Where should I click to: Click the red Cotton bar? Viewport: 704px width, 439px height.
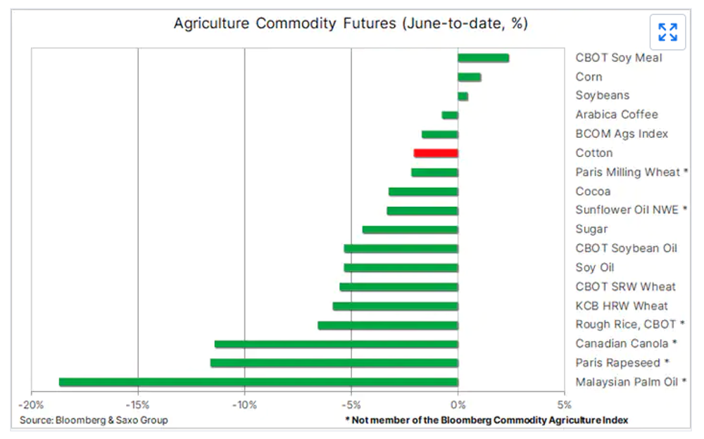click(x=436, y=153)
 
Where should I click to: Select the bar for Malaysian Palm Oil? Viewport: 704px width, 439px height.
click(x=258, y=382)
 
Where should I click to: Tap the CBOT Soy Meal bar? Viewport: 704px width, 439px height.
click(x=483, y=58)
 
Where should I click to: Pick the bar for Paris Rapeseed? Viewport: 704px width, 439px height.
click(x=334, y=363)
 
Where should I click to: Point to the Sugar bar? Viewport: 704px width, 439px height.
click(x=410, y=229)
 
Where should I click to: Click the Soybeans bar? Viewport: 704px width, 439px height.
click(x=463, y=96)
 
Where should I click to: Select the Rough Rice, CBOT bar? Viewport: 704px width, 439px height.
click(x=387, y=325)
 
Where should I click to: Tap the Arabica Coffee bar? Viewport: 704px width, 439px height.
click(x=450, y=115)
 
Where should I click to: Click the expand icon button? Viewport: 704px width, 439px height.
click(x=667, y=32)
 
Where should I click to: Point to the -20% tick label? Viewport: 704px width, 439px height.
click(x=31, y=405)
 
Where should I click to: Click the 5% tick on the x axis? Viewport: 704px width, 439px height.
click(x=564, y=405)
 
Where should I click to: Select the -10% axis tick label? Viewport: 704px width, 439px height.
click(x=244, y=405)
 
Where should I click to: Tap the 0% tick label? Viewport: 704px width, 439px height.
click(x=458, y=405)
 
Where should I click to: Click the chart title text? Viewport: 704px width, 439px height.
click(x=351, y=24)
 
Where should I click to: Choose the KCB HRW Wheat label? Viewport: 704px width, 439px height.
click(x=621, y=306)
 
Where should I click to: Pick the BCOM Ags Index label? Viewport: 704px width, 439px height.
click(x=621, y=134)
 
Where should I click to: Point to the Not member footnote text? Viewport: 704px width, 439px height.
click(x=486, y=420)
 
